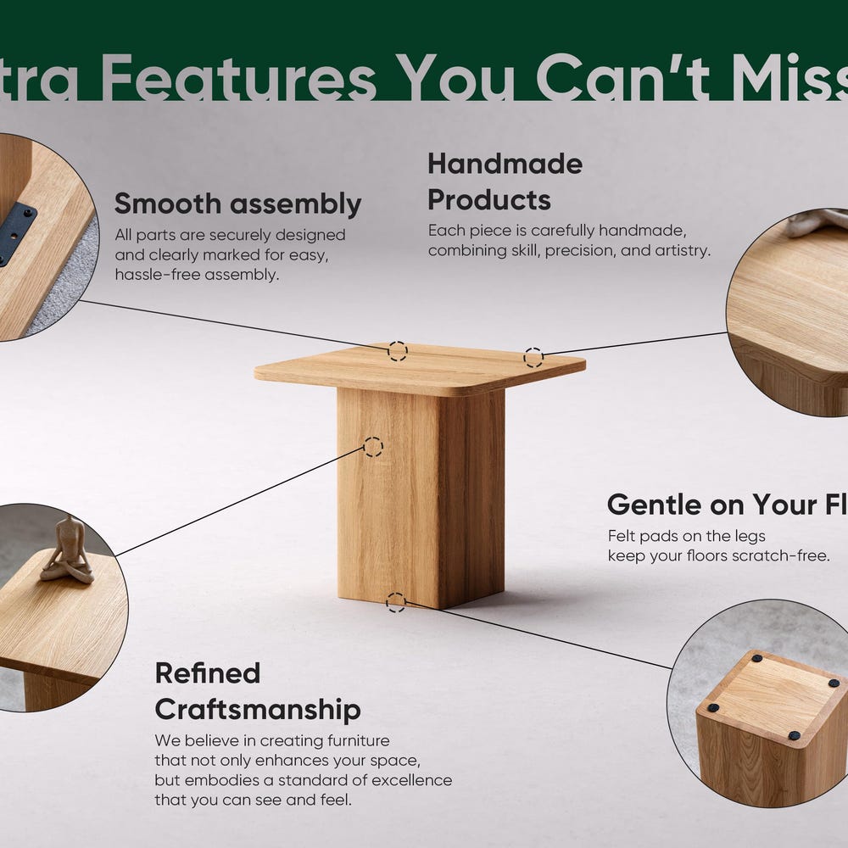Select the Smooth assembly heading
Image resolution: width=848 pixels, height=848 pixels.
click(x=237, y=204)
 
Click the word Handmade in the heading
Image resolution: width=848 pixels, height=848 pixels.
click(x=505, y=164)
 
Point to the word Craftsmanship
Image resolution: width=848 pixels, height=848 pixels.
click(x=257, y=710)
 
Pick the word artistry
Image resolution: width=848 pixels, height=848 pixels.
click(x=681, y=251)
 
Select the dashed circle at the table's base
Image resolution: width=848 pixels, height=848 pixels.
click(x=395, y=603)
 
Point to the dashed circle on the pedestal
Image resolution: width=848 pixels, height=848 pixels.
click(x=373, y=447)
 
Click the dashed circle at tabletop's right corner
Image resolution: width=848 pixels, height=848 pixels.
click(x=533, y=358)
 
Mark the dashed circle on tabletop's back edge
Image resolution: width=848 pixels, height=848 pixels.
click(x=397, y=351)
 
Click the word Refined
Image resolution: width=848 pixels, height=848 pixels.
click(x=207, y=673)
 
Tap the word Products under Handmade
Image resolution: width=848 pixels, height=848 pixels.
click(x=488, y=201)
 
